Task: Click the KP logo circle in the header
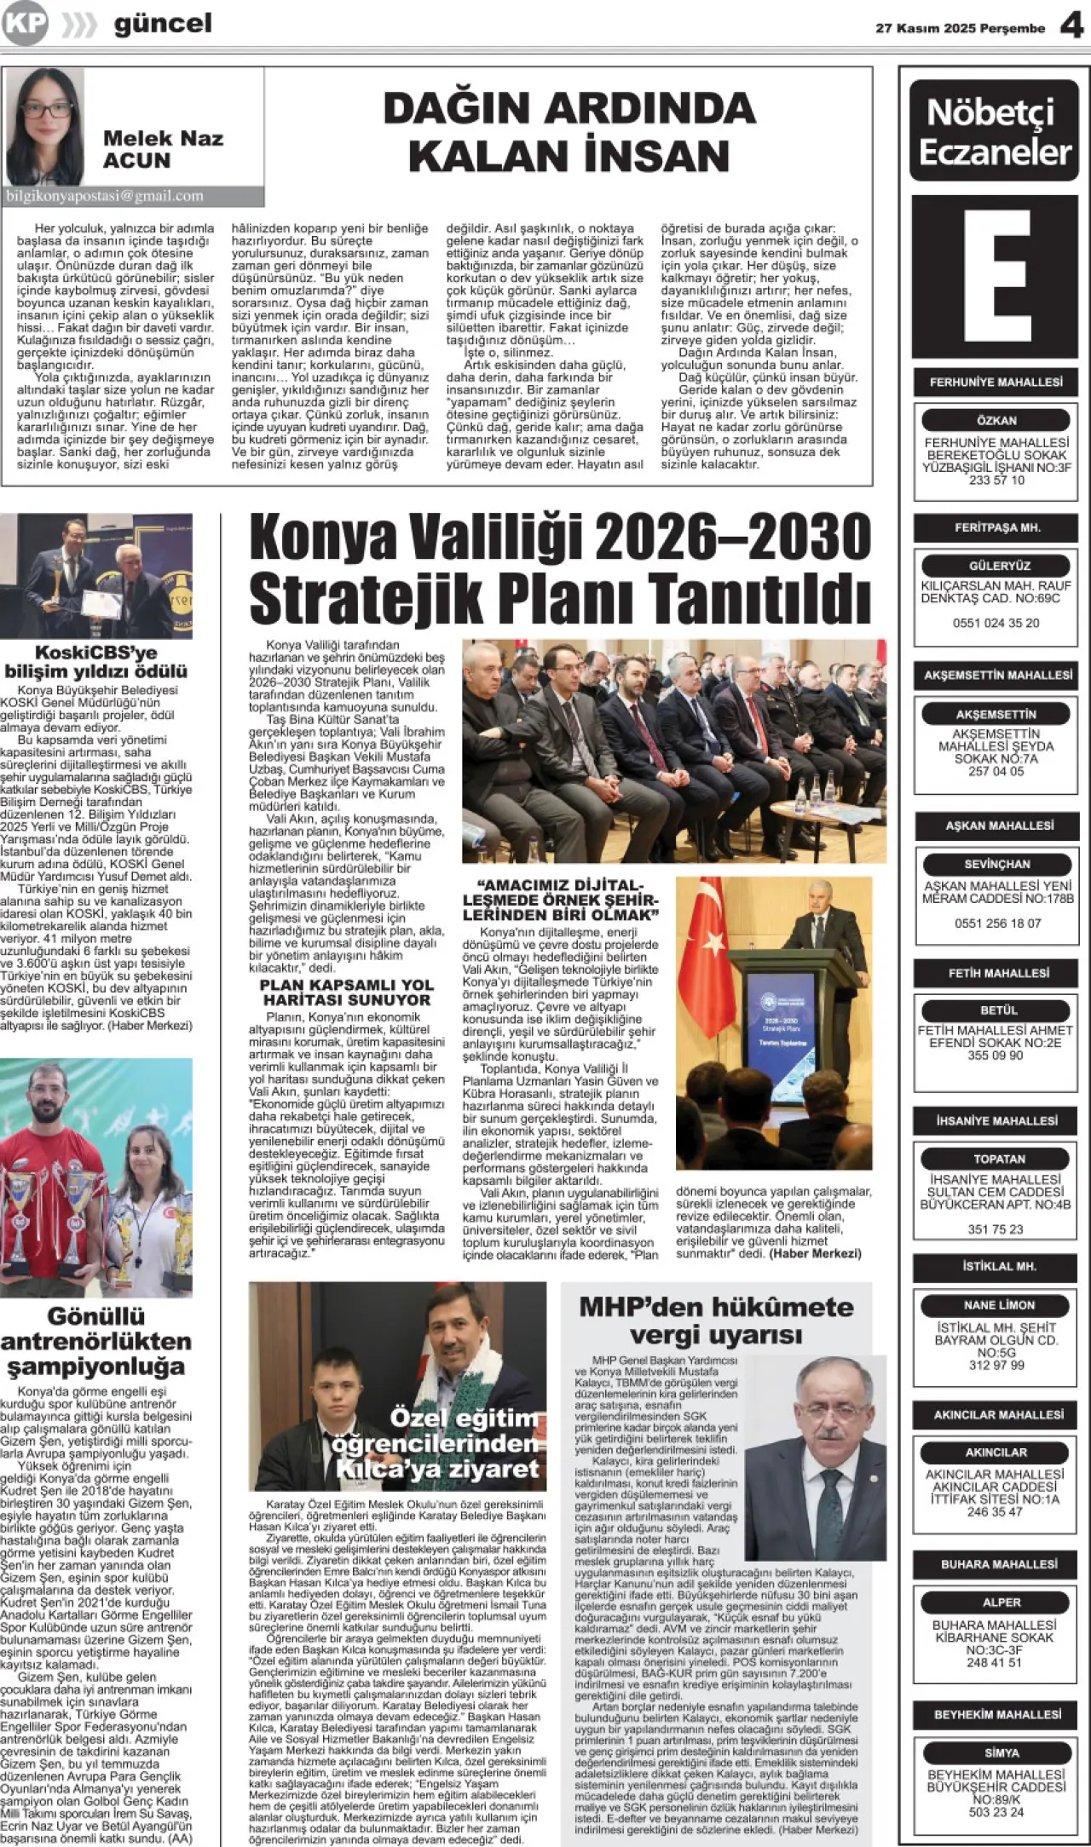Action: [25, 23]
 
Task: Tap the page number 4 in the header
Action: [1071, 26]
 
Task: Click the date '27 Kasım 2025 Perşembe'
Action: [960, 28]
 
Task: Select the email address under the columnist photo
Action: [105, 196]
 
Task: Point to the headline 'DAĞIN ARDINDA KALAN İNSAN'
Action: [569, 132]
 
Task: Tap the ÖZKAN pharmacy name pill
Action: [996, 420]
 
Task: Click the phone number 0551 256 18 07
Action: [997, 923]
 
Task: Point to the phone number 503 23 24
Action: [996, 1812]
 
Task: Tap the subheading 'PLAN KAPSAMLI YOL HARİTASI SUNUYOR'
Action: [346, 993]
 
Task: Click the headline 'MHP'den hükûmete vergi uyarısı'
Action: [716, 1321]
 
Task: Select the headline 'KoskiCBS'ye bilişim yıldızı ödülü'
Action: [95, 662]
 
